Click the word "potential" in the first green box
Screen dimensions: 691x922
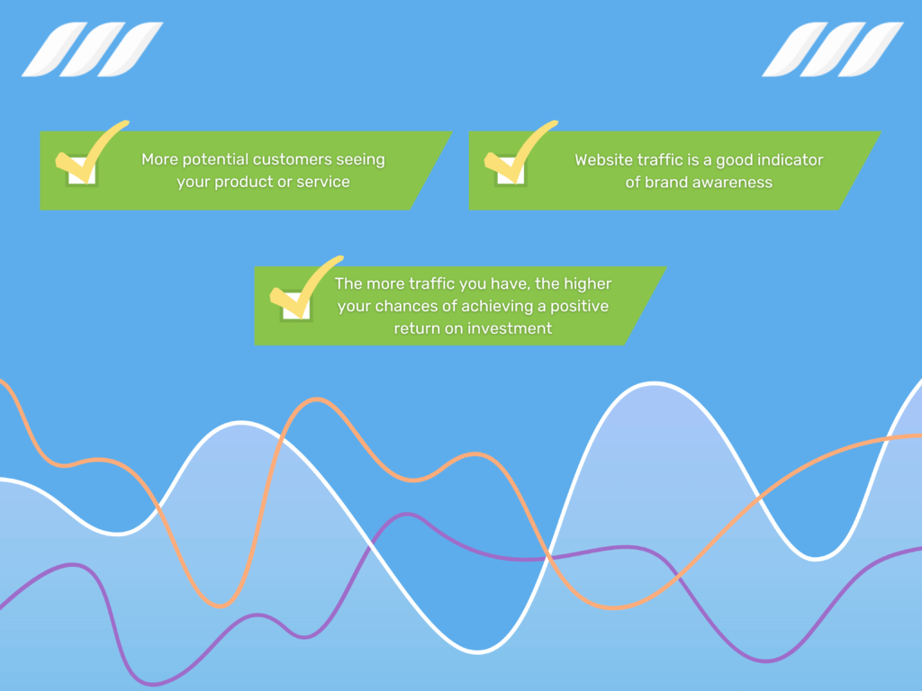215,160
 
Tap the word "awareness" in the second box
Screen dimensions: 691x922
733,183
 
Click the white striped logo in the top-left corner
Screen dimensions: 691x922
92,49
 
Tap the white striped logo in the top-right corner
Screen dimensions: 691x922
833,49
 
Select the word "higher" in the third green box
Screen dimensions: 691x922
587,284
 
